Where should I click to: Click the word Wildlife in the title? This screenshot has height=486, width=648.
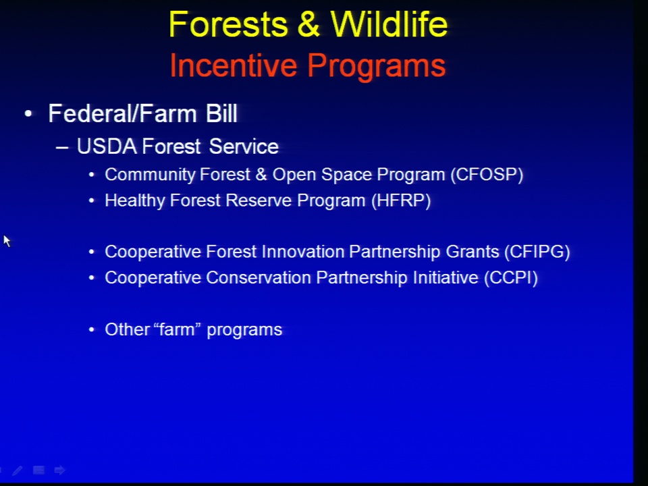[389, 24]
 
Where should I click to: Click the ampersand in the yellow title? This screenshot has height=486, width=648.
[308, 24]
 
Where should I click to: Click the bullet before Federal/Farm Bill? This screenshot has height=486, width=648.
[28, 113]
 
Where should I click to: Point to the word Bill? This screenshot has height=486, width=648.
[221, 113]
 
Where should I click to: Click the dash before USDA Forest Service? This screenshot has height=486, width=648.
[62, 148]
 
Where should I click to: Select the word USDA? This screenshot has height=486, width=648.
[107, 146]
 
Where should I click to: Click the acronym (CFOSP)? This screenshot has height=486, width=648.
[487, 174]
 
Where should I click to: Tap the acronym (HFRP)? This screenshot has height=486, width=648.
[401, 201]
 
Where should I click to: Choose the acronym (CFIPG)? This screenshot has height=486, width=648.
[537, 252]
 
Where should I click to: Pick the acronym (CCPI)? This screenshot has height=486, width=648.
[511, 277]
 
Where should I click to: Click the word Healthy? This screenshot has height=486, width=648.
[135, 201]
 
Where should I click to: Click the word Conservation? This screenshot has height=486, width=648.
[259, 277]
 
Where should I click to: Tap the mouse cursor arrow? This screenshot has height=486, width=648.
[7, 241]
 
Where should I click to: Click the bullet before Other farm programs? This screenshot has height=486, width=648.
[92, 330]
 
